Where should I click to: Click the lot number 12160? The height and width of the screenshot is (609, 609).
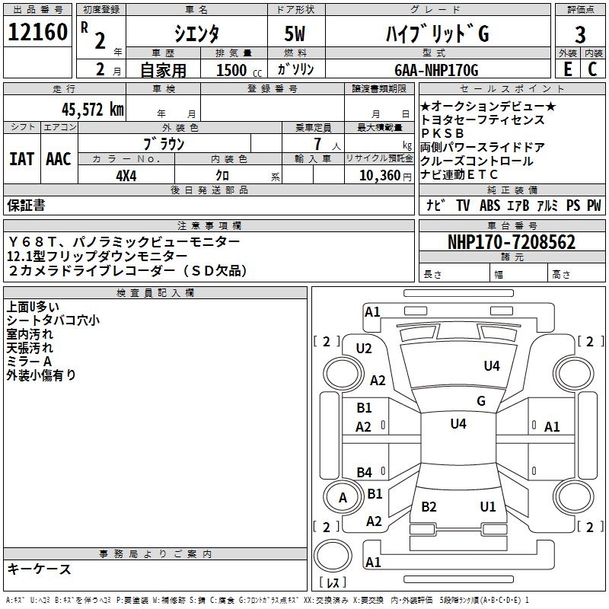click(x=37, y=34)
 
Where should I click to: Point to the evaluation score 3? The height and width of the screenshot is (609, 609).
click(x=580, y=35)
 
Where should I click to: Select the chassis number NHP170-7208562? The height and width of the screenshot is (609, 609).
click(x=511, y=243)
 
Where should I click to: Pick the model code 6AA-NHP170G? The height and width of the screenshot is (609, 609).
click(x=436, y=70)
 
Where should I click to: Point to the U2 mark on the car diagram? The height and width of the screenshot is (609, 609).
click(x=364, y=349)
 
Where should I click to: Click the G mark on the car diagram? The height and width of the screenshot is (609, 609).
click(x=481, y=401)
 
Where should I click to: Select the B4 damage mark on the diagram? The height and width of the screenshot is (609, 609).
click(x=365, y=473)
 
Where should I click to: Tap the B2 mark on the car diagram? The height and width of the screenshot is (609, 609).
click(x=429, y=507)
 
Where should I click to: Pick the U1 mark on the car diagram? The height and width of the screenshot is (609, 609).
click(x=488, y=507)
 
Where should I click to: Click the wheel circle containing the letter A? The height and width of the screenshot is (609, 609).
click(x=343, y=499)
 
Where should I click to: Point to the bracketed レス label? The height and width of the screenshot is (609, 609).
click(x=333, y=583)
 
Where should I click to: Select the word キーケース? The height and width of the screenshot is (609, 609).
click(x=39, y=569)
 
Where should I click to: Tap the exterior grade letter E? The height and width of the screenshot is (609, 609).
click(x=567, y=70)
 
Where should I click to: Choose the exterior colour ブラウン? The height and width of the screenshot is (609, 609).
click(x=164, y=143)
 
